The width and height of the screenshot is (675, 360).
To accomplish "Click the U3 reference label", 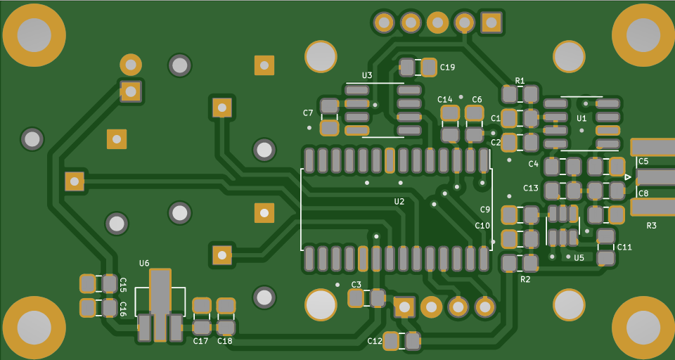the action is click(x=367, y=75).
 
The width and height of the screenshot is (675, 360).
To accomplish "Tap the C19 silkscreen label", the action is click(x=447, y=67).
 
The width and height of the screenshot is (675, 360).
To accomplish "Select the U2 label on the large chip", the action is click(x=399, y=201).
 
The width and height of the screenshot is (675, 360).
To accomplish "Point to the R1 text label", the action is click(x=520, y=81).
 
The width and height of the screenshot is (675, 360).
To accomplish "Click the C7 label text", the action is click(x=308, y=112).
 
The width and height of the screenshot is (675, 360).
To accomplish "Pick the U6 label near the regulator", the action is click(x=144, y=263).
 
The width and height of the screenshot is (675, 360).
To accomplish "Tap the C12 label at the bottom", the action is click(x=375, y=341).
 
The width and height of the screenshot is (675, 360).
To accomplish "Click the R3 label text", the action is click(x=651, y=225).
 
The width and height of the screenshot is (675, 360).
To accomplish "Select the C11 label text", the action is click(x=624, y=247).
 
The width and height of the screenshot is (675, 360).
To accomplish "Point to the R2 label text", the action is click(x=525, y=279).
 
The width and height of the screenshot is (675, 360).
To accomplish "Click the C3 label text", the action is click(x=356, y=284).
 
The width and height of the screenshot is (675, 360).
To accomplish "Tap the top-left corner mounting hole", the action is click(x=34, y=35).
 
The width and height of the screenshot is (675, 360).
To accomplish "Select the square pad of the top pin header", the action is click(x=491, y=22).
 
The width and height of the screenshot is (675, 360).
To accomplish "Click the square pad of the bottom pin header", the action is click(x=404, y=307).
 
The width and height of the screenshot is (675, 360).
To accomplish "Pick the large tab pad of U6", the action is click(x=160, y=292).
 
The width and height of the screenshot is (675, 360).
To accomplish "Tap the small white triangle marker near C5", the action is click(x=628, y=177).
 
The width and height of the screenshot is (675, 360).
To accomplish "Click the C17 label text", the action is click(x=200, y=341).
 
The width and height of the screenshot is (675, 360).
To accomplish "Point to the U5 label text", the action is click(x=579, y=257).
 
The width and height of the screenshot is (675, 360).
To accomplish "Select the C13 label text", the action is click(x=531, y=188).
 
